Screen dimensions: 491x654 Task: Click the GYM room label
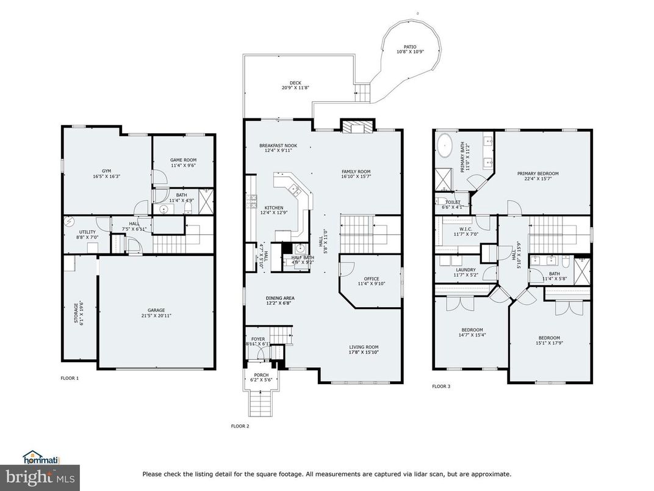[x=106, y=171]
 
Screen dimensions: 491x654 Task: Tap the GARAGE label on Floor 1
[x=156, y=310]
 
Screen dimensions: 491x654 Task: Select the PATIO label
[x=410, y=46]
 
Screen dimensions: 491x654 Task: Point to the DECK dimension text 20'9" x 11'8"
[x=295, y=88]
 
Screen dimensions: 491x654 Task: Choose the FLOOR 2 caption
[x=240, y=426]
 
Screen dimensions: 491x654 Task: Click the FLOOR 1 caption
[x=70, y=378]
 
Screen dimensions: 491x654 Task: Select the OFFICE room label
[x=372, y=278]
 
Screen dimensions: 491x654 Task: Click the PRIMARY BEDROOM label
[x=537, y=173]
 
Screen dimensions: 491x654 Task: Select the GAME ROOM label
[x=183, y=160]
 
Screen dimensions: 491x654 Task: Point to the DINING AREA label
[x=280, y=298]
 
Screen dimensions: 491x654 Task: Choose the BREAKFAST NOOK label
[x=278, y=146]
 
